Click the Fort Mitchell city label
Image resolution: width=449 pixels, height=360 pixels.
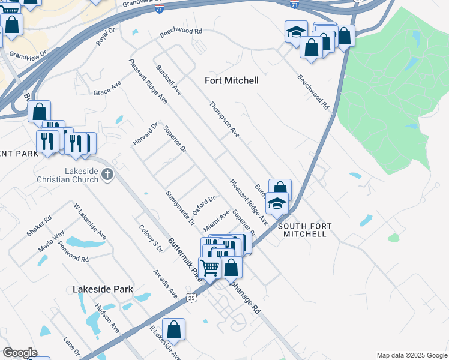(x=232, y=80)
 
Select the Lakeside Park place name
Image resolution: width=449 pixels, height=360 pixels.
(x=103, y=289)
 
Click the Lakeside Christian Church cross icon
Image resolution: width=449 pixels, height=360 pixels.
(x=107, y=175)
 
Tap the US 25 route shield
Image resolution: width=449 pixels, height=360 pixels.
(x=191, y=298)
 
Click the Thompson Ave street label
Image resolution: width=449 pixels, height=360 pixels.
(x=224, y=119)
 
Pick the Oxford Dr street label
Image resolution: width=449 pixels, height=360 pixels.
(x=203, y=205)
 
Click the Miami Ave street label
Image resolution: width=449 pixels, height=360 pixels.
(x=217, y=221)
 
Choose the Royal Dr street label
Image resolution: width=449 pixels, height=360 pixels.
(x=105, y=37)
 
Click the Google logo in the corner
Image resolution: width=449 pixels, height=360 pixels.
(x=20, y=353)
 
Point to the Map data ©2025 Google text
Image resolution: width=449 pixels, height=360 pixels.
(x=411, y=355)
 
